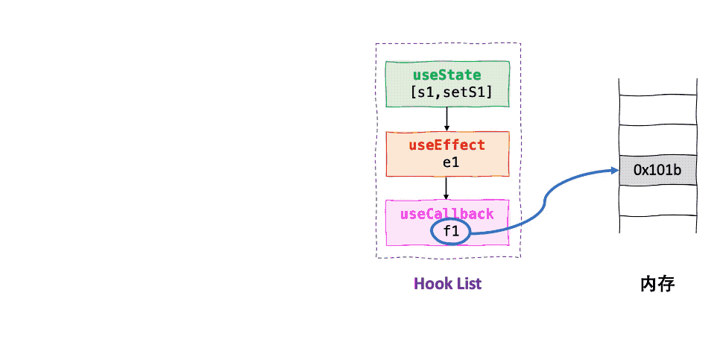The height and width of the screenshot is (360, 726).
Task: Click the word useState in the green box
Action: [446, 75]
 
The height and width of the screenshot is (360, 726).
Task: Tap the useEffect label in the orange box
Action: [446, 145]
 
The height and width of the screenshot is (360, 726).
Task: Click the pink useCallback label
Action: [446, 214]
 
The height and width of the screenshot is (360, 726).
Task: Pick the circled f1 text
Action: [451, 231]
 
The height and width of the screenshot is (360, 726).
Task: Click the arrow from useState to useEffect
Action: [446, 119]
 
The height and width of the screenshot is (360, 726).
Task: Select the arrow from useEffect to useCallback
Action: [446, 187]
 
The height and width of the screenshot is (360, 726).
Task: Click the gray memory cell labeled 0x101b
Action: [657, 171]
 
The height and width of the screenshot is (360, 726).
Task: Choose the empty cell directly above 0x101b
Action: [657, 141]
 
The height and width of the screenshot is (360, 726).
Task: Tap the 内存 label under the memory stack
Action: [657, 284]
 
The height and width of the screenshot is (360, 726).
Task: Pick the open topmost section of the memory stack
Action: [657, 86]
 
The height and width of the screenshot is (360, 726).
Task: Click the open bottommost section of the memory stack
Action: [657, 224]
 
